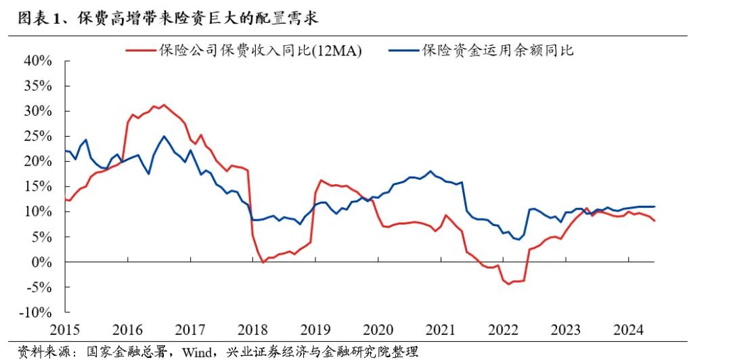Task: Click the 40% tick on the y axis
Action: click(38, 61)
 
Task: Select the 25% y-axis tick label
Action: click(38, 136)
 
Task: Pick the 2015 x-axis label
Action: click(65, 330)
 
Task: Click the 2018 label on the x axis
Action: click(253, 330)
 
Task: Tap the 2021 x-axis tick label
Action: click(441, 330)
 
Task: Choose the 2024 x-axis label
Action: click(629, 330)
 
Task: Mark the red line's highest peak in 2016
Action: click(163, 105)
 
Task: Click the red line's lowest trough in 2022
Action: click(509, 284)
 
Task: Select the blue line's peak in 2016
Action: click(164, 136)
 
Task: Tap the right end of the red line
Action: click(655, 221)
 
